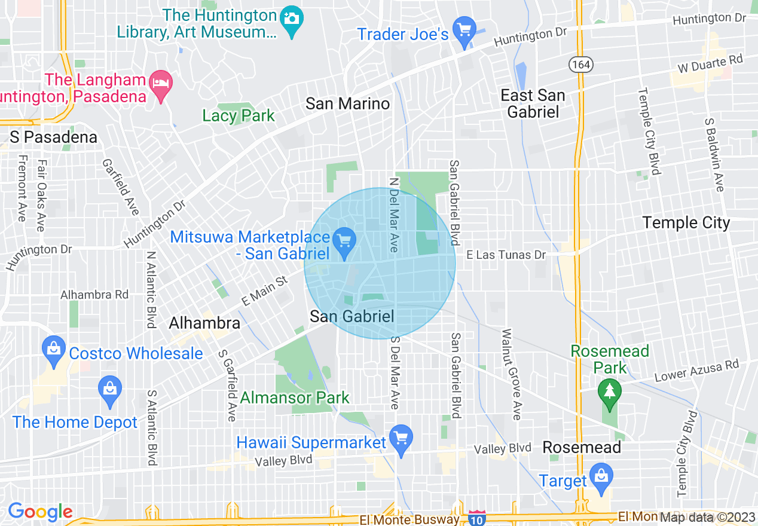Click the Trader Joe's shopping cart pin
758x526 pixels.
pos(464,30)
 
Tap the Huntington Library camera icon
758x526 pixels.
pos(292,19)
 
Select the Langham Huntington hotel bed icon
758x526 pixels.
pos(161,82)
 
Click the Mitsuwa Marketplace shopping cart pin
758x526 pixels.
pos(344,242)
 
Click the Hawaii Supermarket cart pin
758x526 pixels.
pos(401,437)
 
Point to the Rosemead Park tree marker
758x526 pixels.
pos(609,392)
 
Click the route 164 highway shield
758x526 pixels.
pos(579,65)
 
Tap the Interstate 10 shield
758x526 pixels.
pos(476,518)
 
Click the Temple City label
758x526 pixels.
pos(686,223)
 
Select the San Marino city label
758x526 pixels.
pos(347,103)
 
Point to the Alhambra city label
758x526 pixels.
pos(204,323)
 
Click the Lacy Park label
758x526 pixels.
pos(239,115)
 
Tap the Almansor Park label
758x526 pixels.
pos(295,397)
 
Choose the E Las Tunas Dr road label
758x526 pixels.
pos(506,255)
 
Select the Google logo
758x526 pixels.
pos(40,512)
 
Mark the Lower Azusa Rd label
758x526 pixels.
pos(697,371)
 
